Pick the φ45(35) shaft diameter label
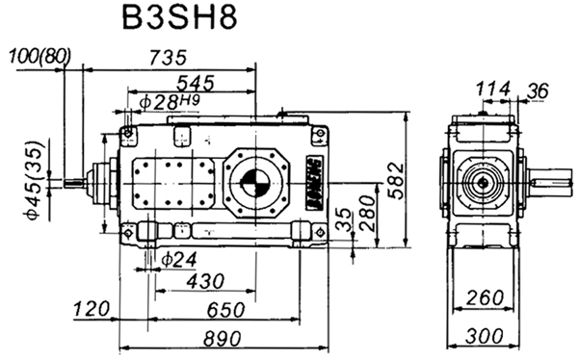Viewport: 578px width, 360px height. [32, 182]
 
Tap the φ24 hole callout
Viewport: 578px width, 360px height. [179, 258]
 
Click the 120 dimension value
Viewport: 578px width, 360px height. [92, 309]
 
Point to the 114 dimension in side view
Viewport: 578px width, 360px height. [493, 89]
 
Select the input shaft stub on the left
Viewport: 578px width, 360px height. [76, 180]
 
